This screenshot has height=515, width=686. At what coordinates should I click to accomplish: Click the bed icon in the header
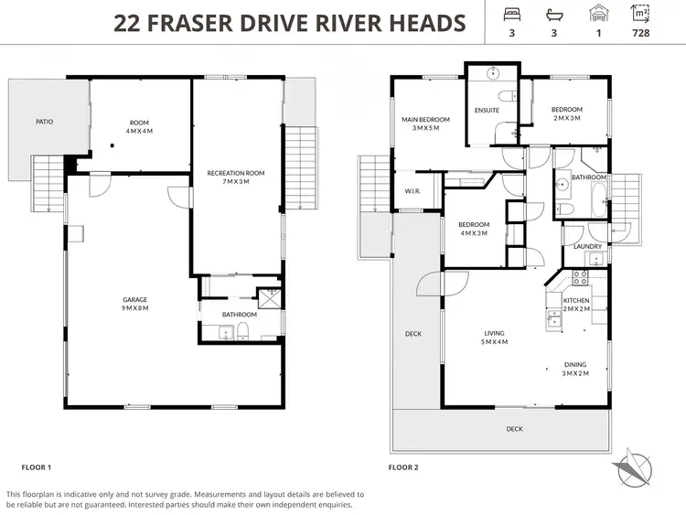point(511,14)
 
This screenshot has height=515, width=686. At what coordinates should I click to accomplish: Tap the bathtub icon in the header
point(552,14)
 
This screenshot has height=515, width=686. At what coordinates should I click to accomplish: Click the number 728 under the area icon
point(640,35)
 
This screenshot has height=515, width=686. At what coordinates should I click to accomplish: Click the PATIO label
point(44,121)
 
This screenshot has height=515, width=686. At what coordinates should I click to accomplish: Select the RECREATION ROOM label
point(235,173)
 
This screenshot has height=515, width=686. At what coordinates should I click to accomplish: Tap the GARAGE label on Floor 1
point(135,299)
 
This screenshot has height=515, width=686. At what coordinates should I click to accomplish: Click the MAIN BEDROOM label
point(426,119)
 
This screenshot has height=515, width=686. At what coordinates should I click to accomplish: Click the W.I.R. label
point(413,191)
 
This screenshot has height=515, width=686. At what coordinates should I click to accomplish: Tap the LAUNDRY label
point(586,246)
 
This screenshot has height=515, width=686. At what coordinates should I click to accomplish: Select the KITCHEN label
point(576,300)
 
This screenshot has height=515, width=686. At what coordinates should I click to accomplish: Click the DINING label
point(575,364)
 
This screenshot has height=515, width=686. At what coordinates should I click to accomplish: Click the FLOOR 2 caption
point(402,467)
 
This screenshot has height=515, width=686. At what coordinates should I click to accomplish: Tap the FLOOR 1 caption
point(36,467)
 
